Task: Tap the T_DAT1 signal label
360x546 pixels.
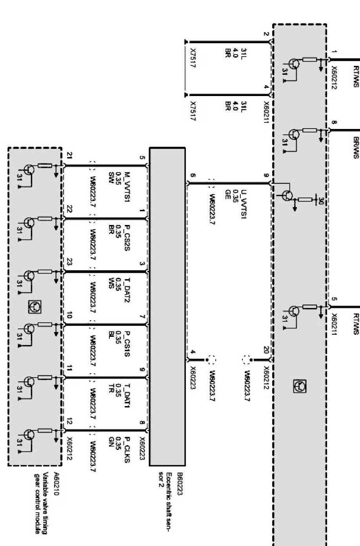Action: pos(127,394)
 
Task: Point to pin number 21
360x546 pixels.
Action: pos(69,156)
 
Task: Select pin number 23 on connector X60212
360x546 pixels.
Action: pos(69,262)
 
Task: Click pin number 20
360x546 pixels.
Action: pos(266,350)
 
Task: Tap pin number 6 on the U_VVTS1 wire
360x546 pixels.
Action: pos(192,175)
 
